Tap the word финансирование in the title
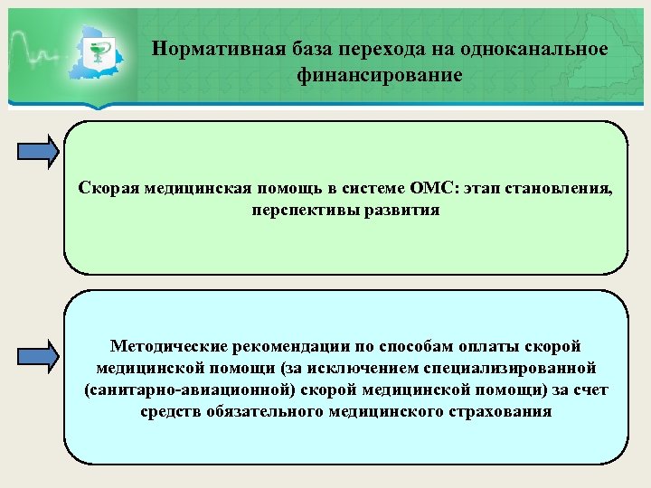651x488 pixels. (x=380, y=75)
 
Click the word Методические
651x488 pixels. (x=166, y=346)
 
